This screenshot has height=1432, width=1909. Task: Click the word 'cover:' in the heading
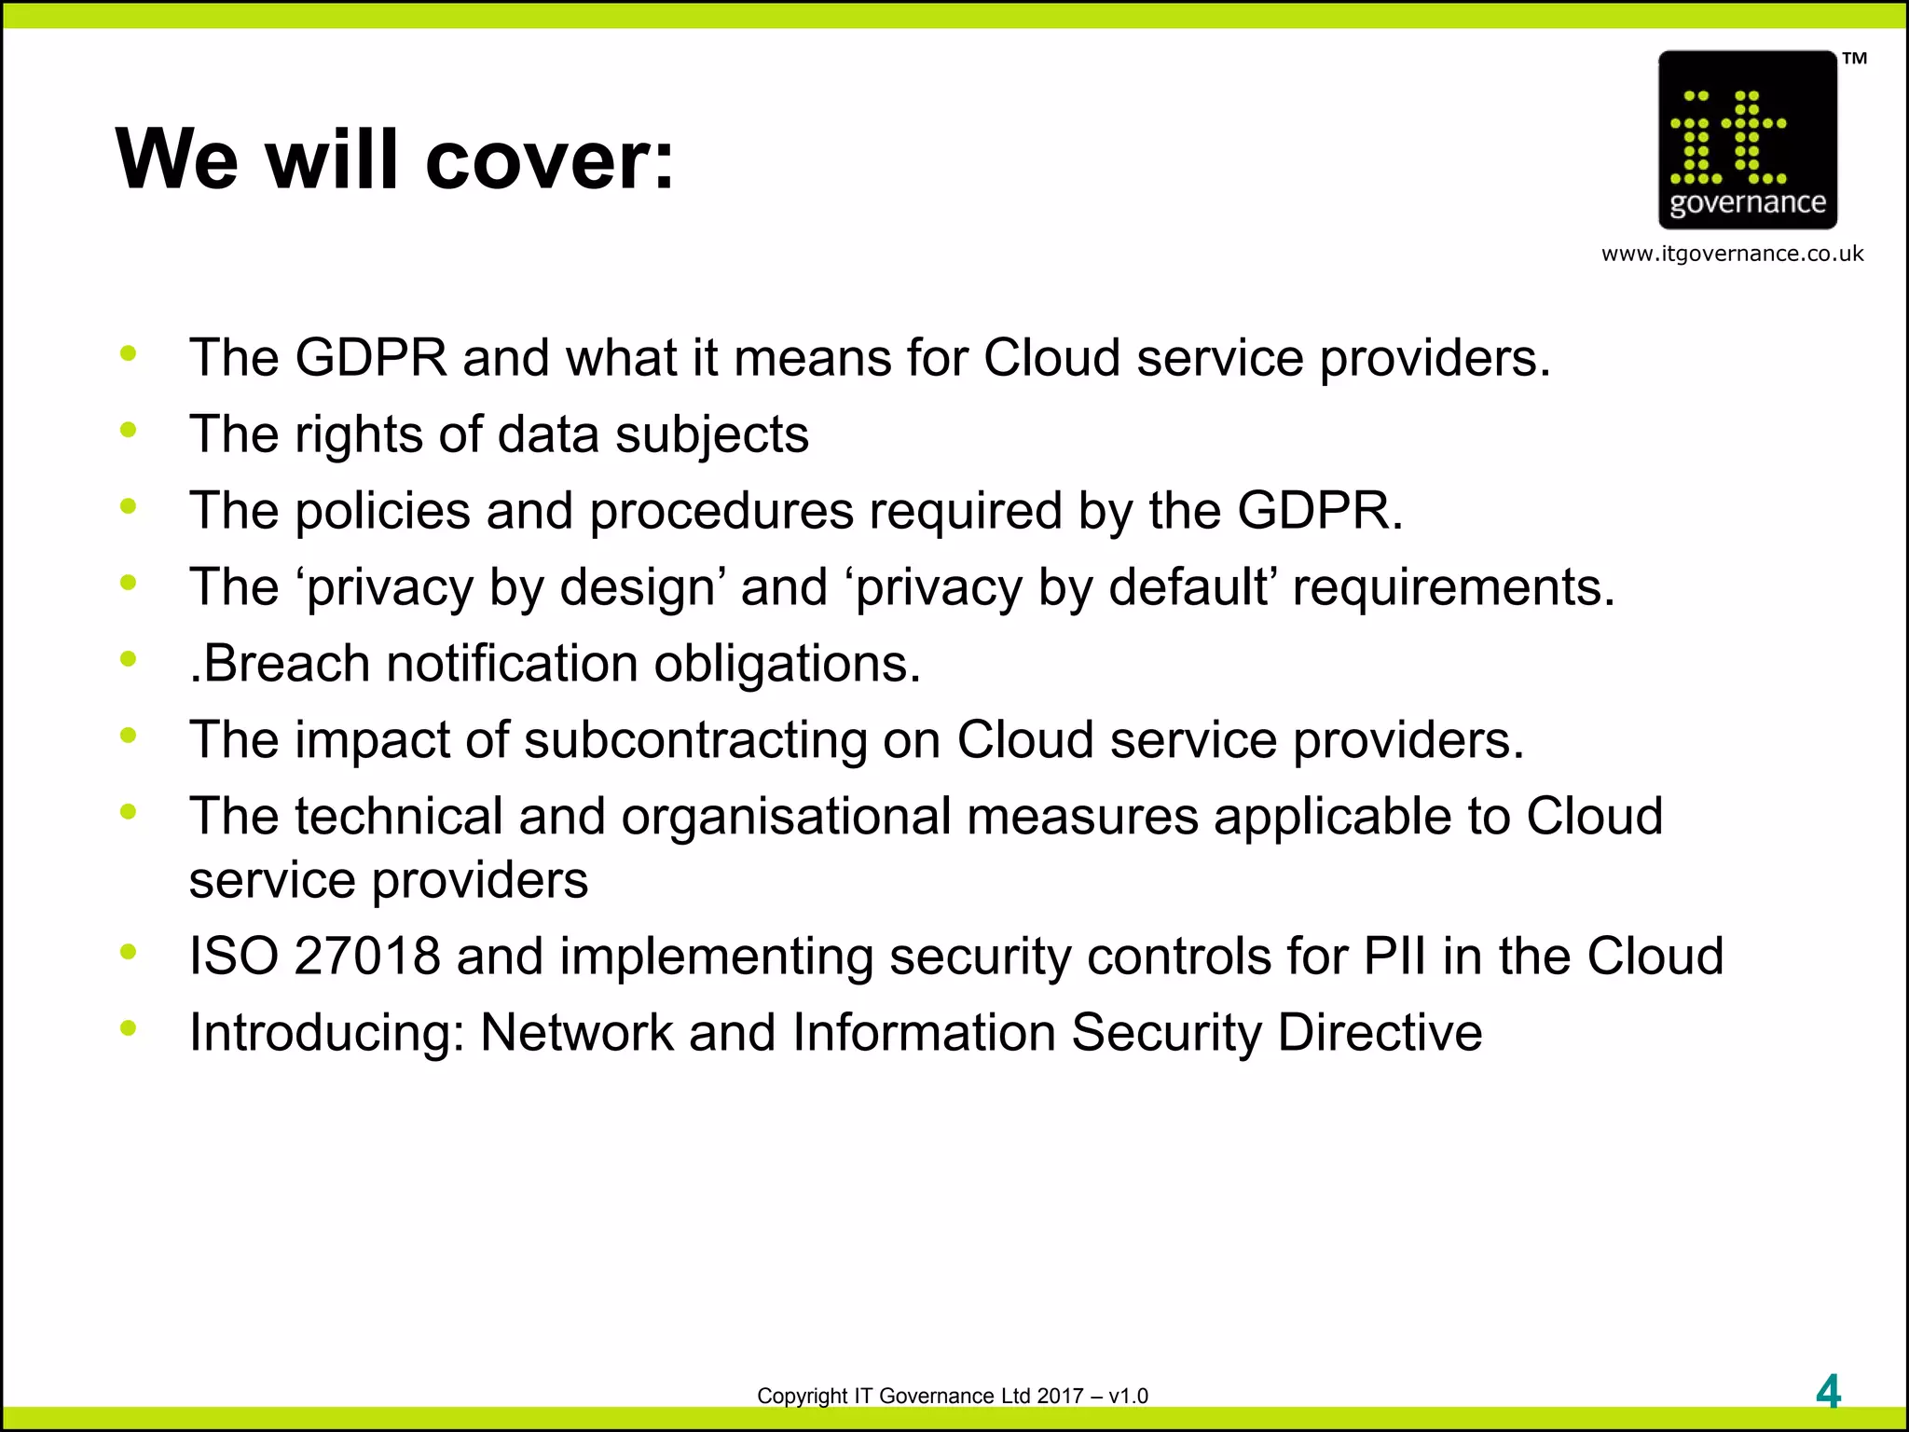tap(549, 160)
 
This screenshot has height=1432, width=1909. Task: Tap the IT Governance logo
tap(1747, 140)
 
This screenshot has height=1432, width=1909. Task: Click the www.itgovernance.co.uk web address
tap(1732, 254)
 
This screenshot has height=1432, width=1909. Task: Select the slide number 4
tap(1828, 1393)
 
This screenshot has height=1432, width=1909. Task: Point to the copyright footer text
tap(952, 1396)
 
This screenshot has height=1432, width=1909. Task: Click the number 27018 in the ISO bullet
tap(366, 957)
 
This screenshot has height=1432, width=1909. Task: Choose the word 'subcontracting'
tap(695, 740)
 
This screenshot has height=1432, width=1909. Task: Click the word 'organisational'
tap(786, 817)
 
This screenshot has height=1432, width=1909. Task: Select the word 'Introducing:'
tap(326, 1033)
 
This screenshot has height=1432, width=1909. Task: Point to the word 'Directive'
tap(1380, 1033)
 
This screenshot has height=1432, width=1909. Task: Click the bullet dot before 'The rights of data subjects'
tap(129, 430)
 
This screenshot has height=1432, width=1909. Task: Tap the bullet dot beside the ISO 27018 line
tap(129, 952)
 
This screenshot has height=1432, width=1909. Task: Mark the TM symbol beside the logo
tap(1855, 59)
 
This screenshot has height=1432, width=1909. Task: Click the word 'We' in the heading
tap(177, 160)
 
